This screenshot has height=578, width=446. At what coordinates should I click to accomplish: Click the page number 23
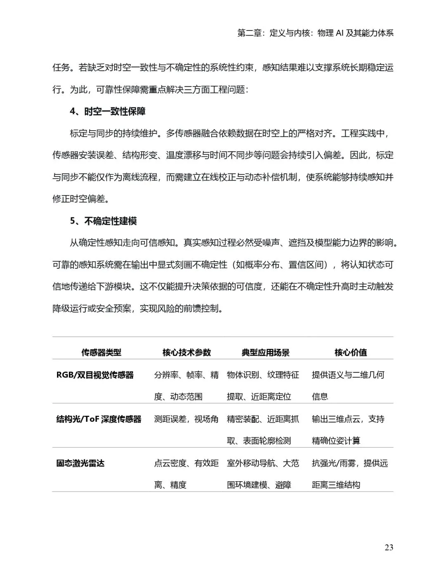pyautogui.click(x=389, y=547)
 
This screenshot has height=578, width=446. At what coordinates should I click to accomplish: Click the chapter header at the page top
pyautogui.click(x=315, y=33)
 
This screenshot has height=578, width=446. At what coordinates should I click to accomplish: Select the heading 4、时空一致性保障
pyautogui.click(x=107, y=112)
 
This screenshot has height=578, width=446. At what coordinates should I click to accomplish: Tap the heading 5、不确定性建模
pyautogui.click(x=103, y=221)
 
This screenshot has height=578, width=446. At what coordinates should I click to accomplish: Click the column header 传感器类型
pyautogui.click(x=101, y=352)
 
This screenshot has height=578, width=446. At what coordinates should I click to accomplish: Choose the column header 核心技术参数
pyautogui.click(x=186, y=352)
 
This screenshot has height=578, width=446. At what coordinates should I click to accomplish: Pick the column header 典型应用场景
pyautogui.click(x=265, y=352)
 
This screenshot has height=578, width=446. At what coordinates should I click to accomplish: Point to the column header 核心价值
pyautogui.click(x=351, y=352)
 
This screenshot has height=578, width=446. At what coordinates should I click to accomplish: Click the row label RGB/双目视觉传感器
pyautogui.click(x=95, y=375)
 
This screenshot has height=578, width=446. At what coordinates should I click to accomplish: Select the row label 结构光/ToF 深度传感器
pyautogui.click(x=99, y=419)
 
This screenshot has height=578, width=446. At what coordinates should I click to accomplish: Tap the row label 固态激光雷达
pyautogui.click(x=80, y=463)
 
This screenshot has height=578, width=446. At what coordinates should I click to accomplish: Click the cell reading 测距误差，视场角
pyautogui.click(x=186, y=419)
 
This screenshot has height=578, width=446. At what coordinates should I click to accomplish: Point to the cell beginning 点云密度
pyautogui.click(x=186, y=474)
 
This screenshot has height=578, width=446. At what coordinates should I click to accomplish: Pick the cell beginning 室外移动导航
pyautogui.click(x=263, y=474)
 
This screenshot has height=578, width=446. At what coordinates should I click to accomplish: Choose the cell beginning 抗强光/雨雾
pyautogui.click(x=349, y=474)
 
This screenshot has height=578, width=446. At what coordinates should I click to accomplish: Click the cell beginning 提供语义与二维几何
pyautogui.click(x=348, y=385)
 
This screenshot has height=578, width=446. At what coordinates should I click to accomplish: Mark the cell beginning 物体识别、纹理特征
pyautogui.click(x=263, y=385)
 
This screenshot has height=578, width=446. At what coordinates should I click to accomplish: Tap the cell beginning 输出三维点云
pyautogui.click(x=348, y=430)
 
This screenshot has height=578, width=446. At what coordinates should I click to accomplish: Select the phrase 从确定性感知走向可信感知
pyautogui.click(x=122, y=243)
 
